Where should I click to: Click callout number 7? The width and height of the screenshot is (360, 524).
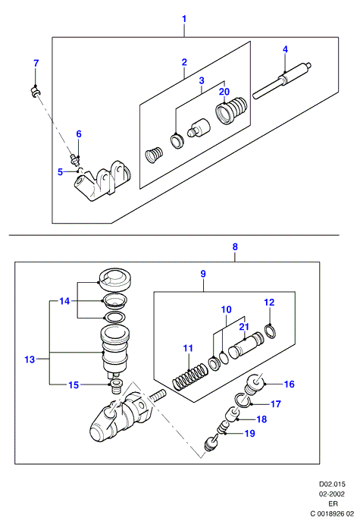tap(36, 63)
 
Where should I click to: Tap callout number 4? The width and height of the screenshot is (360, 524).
tap(285, 49)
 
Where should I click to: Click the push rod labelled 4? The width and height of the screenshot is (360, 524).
tap(282, 80)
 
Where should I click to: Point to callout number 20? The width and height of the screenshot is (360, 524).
tap(224, 91)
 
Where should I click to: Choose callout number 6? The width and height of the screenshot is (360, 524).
tap(79, 134)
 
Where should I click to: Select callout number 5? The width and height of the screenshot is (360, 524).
tap(60, 172)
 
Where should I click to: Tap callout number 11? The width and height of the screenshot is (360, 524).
tap(189, 348)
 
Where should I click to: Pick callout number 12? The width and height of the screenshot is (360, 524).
tap(269, 303)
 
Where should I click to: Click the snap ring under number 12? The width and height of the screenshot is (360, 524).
tap(271, 331)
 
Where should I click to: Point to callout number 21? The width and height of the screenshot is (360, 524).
tap(244, 327)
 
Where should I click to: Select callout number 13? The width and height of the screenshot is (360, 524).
tap(30, 359)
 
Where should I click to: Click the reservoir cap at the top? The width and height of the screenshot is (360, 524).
tap(115, 280)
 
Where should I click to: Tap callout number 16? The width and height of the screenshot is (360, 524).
tap(290, 384)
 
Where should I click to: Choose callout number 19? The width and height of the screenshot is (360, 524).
tap(250, 434)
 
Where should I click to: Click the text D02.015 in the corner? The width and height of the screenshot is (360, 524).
tap(332, 484)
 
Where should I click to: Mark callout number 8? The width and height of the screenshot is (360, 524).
tap(235, 247)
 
